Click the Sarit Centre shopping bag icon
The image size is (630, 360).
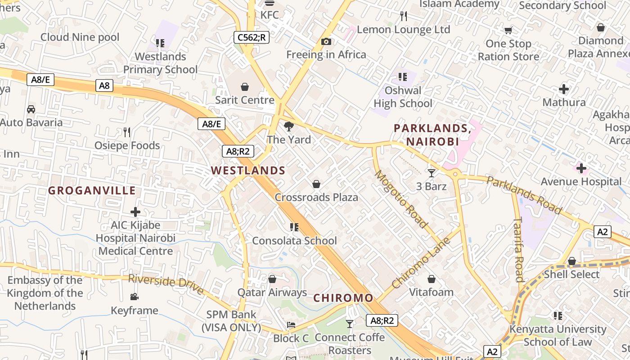pos(245,86)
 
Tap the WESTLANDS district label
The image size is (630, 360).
pos(248,171)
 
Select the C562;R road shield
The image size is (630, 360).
pos(252,37)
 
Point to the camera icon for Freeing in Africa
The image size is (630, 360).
pos(326,42)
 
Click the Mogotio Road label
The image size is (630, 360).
pos(401,199)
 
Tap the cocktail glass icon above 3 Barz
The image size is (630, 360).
pos(432,173)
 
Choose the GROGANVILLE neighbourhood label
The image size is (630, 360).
pos(92,191)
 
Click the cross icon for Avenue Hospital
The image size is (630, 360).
pos(581,169)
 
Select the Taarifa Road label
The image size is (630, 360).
pos(519,250)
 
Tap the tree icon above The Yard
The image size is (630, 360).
pos(289,126)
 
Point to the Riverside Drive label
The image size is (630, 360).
pos(166,285)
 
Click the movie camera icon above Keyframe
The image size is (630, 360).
pos(134,297)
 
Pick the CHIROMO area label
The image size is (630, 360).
pos(343,298)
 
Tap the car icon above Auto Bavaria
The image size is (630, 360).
pos(31,109)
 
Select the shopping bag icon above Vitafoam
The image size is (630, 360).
pos(432,279)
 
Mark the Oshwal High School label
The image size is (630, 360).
pos(403,97)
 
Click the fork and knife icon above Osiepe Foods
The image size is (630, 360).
pos(127,132)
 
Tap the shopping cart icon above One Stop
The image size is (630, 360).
pos(508,31)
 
